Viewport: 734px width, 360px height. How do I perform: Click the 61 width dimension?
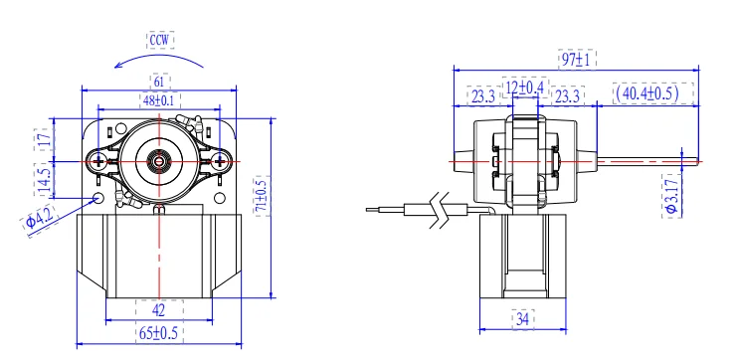click(x=159, y=82)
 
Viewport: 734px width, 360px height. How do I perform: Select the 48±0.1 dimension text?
click(x=159, y=99)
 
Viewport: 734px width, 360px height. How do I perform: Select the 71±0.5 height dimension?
click(x=263, y=196)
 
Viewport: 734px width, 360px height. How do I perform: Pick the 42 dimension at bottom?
click(x=159, y=310)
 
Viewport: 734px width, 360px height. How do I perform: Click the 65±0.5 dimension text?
click(x=159, y=333)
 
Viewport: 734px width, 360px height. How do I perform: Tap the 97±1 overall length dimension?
click(x=577, y=60)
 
